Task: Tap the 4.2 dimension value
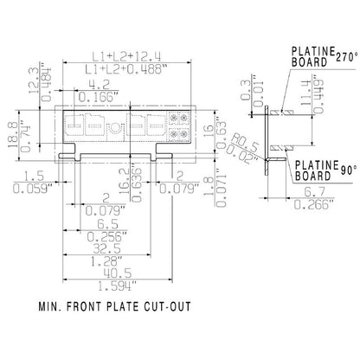(101, 84)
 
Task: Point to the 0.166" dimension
(101, 97)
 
